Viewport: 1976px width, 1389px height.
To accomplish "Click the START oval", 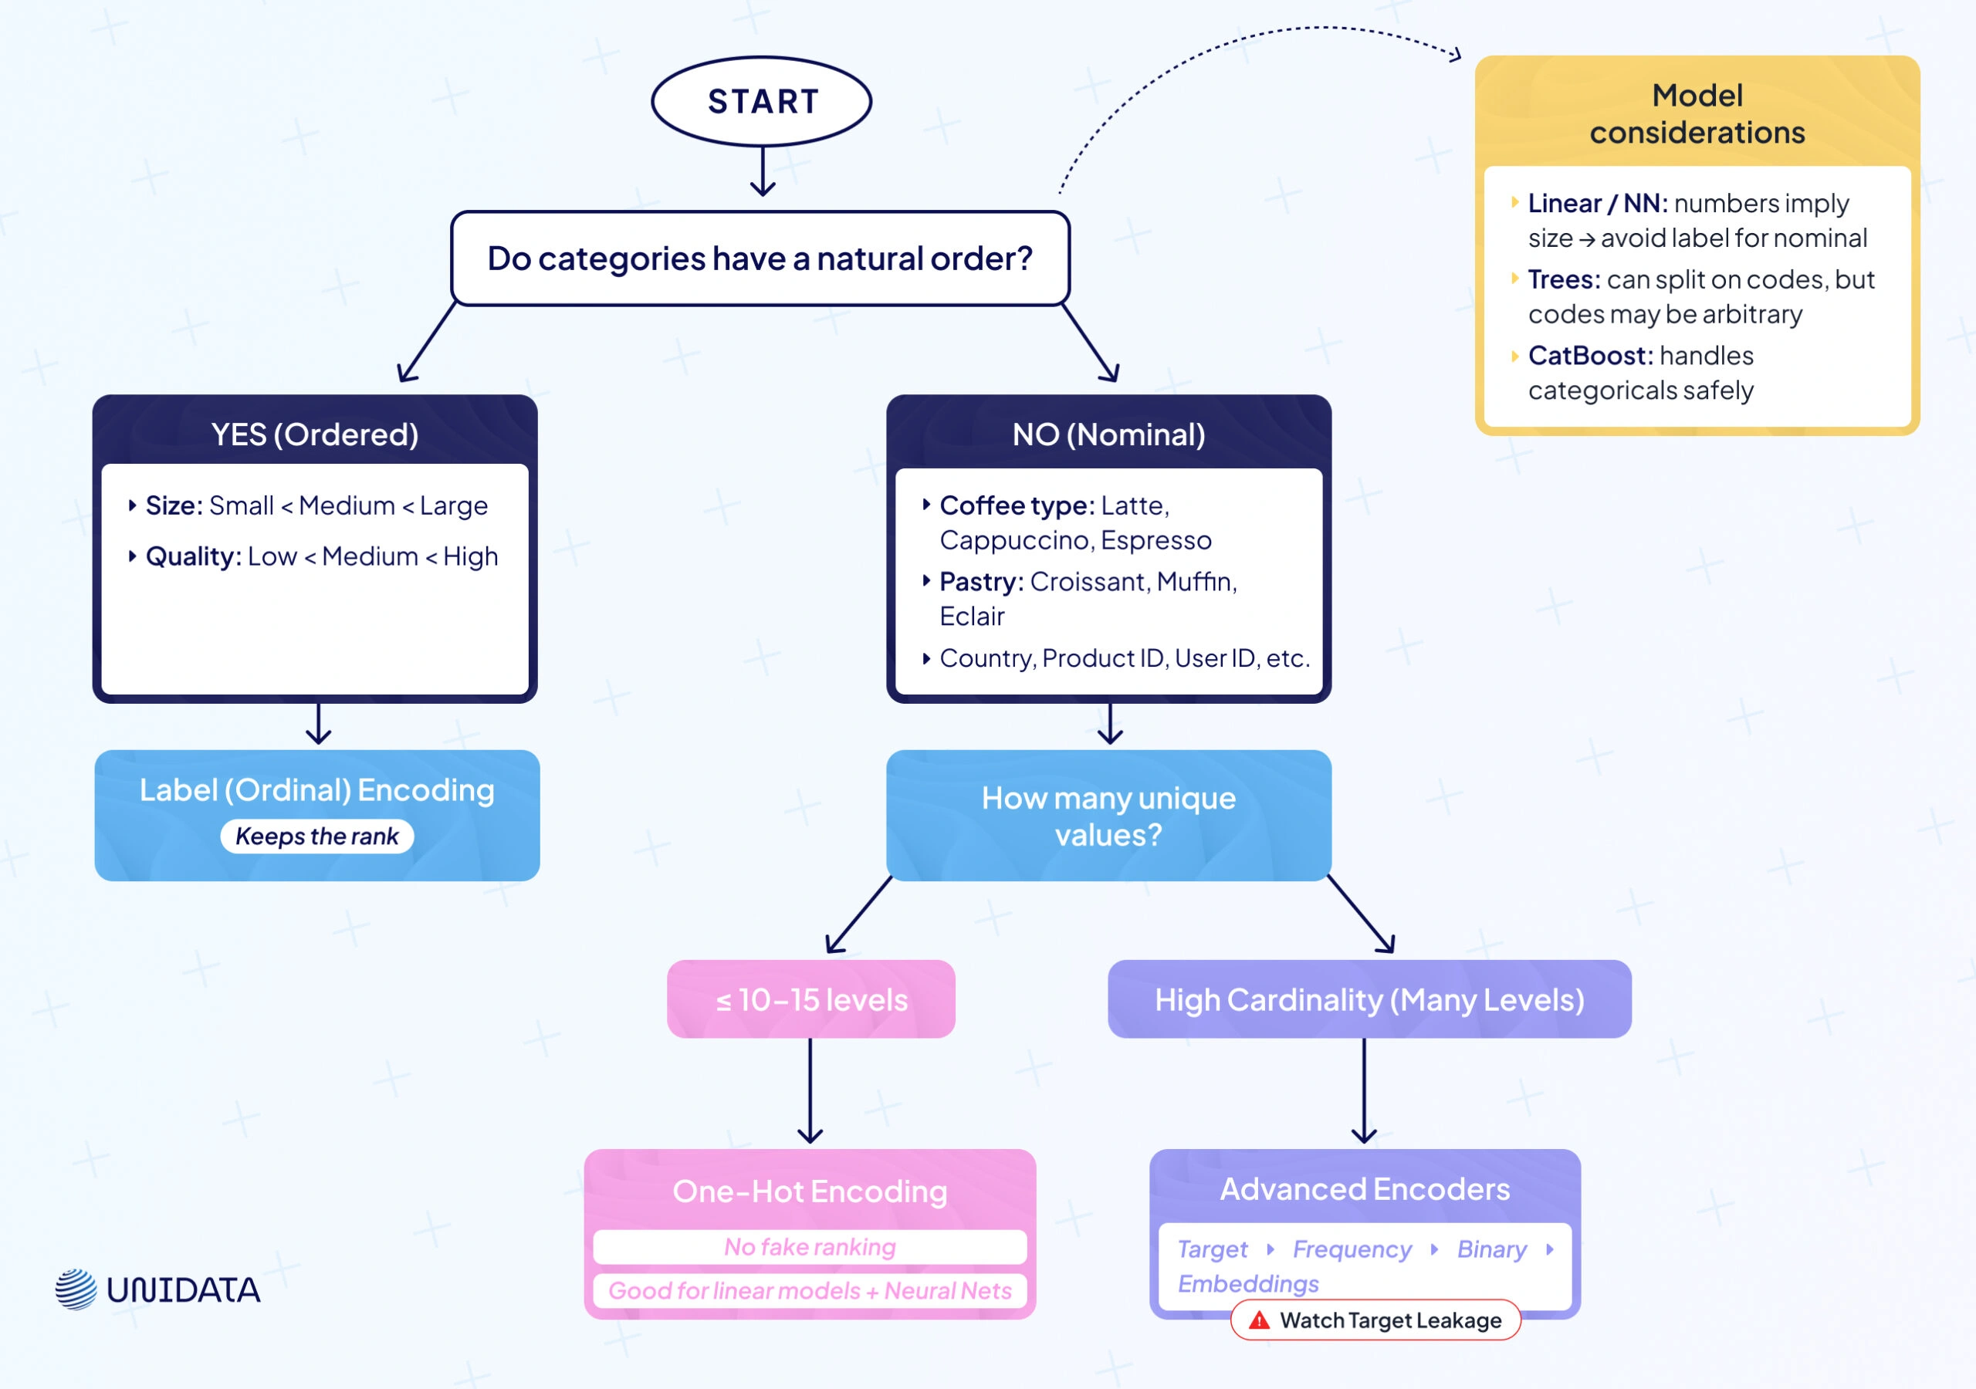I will coord(762,102).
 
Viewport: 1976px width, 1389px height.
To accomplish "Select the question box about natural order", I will coord(760,259).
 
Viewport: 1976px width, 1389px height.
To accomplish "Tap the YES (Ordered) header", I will coord(315,434).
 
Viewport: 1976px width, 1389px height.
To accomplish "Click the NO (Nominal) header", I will coord(1108,434).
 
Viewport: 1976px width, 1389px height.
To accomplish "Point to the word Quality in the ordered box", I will coord(192,557).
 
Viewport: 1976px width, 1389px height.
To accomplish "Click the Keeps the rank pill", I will coord(316,836).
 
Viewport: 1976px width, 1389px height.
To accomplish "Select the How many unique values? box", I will coord(1108,815).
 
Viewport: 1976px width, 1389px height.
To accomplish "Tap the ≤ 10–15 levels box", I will coord(810,999).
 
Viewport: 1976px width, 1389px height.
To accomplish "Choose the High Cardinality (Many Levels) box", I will coord(1369,999).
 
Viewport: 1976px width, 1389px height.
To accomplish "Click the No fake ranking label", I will coord(809,1246).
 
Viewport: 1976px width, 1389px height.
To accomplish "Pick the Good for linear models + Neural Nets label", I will coord(809,1290).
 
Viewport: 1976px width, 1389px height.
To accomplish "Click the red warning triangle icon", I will coord(1259,1320).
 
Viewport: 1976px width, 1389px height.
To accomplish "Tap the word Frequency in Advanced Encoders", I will coord(1352,1249).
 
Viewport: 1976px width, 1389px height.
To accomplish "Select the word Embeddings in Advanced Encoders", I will coord(1248,1283).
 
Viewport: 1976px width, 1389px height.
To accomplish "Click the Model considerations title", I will coord(1697,113).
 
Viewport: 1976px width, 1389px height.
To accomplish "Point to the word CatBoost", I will coord(1588,356).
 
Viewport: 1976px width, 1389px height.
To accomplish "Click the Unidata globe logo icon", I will coord(76,1289).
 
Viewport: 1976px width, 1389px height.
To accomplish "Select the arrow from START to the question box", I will coord(763,171).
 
